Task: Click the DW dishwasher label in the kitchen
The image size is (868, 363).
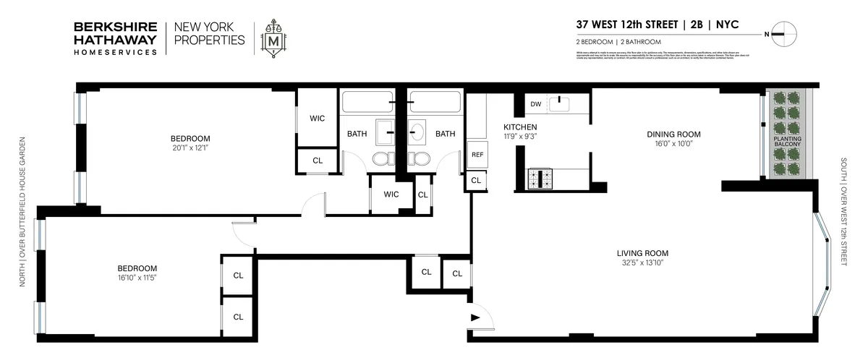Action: pos(535,104)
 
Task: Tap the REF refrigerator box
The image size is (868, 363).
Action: pos(477,155)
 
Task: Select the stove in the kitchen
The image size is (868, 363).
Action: pos(540,178)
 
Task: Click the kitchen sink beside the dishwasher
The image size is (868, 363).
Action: pos(561,104)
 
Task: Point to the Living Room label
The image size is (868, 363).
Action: pos(642,253)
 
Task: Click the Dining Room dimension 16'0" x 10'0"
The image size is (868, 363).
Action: pos(674,143)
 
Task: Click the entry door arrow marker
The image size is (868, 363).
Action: pos(475,317)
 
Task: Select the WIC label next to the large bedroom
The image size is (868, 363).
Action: pos(318,118)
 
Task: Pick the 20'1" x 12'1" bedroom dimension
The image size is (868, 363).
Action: pos(190,148)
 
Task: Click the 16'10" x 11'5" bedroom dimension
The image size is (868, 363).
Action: pos(137,277)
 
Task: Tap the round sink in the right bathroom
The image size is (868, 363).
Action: pos(418,133)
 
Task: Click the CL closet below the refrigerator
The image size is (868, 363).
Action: pos(476,180)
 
